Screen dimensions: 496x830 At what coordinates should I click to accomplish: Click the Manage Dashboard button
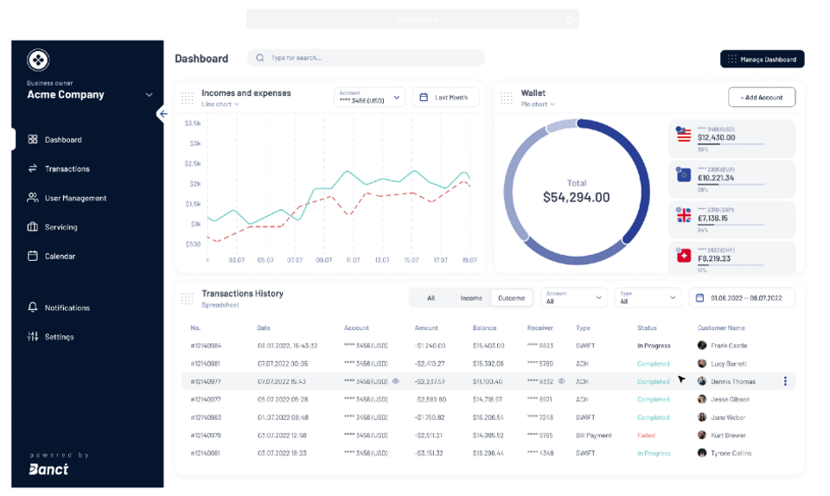tap(762, 59)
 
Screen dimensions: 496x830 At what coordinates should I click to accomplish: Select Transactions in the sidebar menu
tap(67, 169)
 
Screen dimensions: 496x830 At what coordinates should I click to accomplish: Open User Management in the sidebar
tap(75, 198)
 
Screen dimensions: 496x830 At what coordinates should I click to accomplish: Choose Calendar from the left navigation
tap(60, 257)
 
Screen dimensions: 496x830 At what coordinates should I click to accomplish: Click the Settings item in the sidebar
tap(59, 337)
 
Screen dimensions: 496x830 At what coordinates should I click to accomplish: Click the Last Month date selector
tap(445, 98)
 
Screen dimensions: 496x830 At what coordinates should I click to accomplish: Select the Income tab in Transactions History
tap(471, 298)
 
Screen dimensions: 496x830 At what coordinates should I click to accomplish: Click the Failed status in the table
tap(646, 436)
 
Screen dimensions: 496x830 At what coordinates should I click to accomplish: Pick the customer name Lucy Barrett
tap(728, 364)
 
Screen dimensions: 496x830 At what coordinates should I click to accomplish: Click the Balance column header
tap(484, 328)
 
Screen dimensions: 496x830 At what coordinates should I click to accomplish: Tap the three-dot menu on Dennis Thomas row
tap(785, 381)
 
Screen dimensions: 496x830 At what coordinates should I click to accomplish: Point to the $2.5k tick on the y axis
tap(193, 163)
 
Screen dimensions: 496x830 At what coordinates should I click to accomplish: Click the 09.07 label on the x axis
tap(324, 259)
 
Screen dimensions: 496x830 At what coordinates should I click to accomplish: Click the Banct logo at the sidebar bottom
tap(48, 468)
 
